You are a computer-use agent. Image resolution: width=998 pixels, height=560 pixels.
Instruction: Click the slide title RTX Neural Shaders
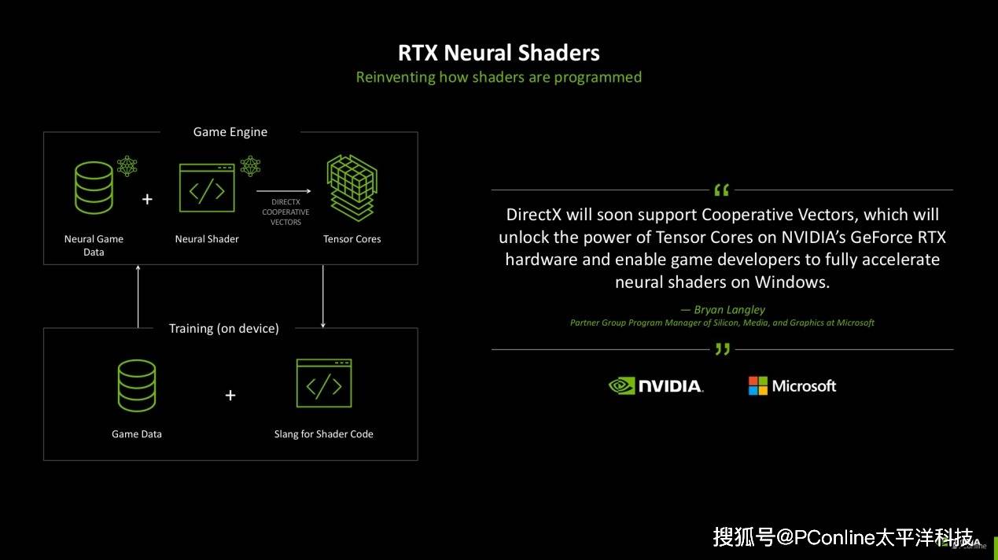coord(499,53)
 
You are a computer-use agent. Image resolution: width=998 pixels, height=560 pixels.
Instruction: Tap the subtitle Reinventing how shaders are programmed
coord(499,77)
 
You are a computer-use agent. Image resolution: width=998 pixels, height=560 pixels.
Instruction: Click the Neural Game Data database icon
coord(94,189)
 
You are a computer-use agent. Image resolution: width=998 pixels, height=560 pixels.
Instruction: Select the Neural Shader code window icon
coord(207,189)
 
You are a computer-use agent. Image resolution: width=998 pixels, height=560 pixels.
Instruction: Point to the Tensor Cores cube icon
coord(352,189)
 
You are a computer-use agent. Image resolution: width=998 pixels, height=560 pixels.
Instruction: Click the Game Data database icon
coord(137,385)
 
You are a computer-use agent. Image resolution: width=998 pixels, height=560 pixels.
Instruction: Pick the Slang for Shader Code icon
coord(323,383)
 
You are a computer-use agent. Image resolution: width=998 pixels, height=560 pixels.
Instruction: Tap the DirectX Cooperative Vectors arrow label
coord(285,212)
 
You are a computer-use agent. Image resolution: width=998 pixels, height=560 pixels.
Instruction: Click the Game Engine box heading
coord(230,132)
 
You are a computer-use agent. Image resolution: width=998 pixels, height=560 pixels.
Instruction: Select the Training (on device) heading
coord(224,328)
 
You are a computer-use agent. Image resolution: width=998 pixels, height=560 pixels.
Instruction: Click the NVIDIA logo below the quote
coord(656,385)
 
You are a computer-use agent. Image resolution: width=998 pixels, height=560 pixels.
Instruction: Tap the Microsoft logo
coord(792,385)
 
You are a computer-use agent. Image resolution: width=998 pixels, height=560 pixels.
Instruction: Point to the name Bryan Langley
coord(729,309)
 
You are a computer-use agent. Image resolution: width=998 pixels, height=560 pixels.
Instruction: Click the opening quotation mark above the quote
coord(721,190)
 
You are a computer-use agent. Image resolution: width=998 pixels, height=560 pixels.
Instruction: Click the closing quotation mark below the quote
coord(722,349)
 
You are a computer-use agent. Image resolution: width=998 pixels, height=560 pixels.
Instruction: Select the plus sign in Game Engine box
coord(147,200)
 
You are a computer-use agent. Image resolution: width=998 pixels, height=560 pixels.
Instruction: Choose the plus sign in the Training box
coord(230,395)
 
